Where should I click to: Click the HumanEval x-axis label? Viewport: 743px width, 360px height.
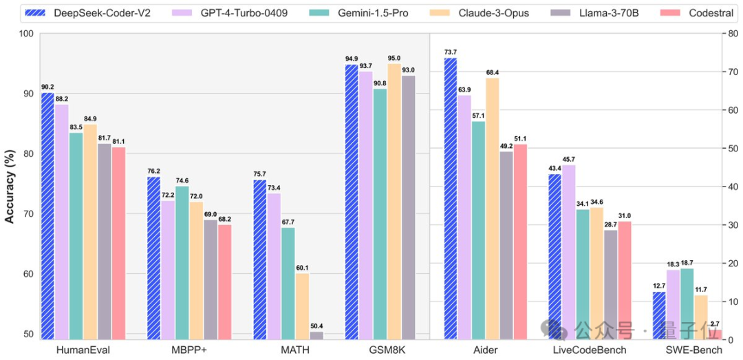coord(83,350)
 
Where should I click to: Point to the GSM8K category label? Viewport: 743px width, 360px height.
coord(387,350)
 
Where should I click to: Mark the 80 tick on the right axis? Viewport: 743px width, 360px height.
coord(730,33)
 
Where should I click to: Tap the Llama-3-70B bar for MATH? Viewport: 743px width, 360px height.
coord(316,335)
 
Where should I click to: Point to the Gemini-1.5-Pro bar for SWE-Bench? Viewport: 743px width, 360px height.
coord(687,304)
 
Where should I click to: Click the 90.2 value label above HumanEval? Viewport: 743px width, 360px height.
coord(48,87)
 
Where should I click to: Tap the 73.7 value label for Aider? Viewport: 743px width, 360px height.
coord(451,52)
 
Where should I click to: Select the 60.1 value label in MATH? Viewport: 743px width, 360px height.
coord(302,268)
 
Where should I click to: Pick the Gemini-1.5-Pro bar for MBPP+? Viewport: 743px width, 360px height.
coord(182,262)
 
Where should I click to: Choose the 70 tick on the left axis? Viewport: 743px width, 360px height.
coord(28,213)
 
